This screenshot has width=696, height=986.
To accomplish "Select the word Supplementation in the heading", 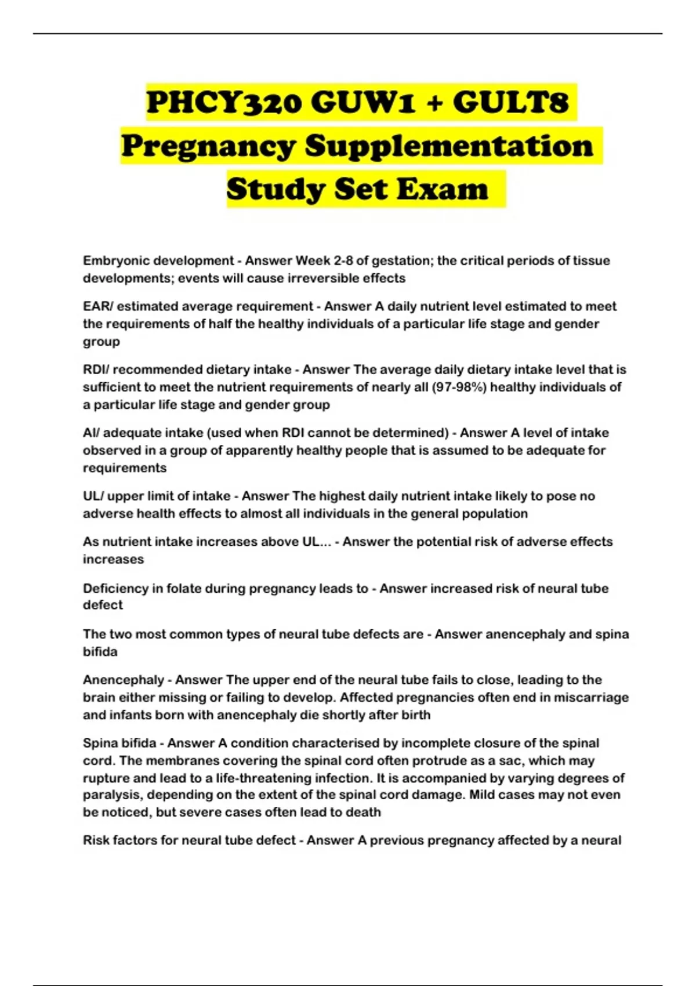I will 449,146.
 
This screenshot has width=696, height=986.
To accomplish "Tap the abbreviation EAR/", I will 97,306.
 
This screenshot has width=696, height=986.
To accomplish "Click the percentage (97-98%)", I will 459,387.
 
